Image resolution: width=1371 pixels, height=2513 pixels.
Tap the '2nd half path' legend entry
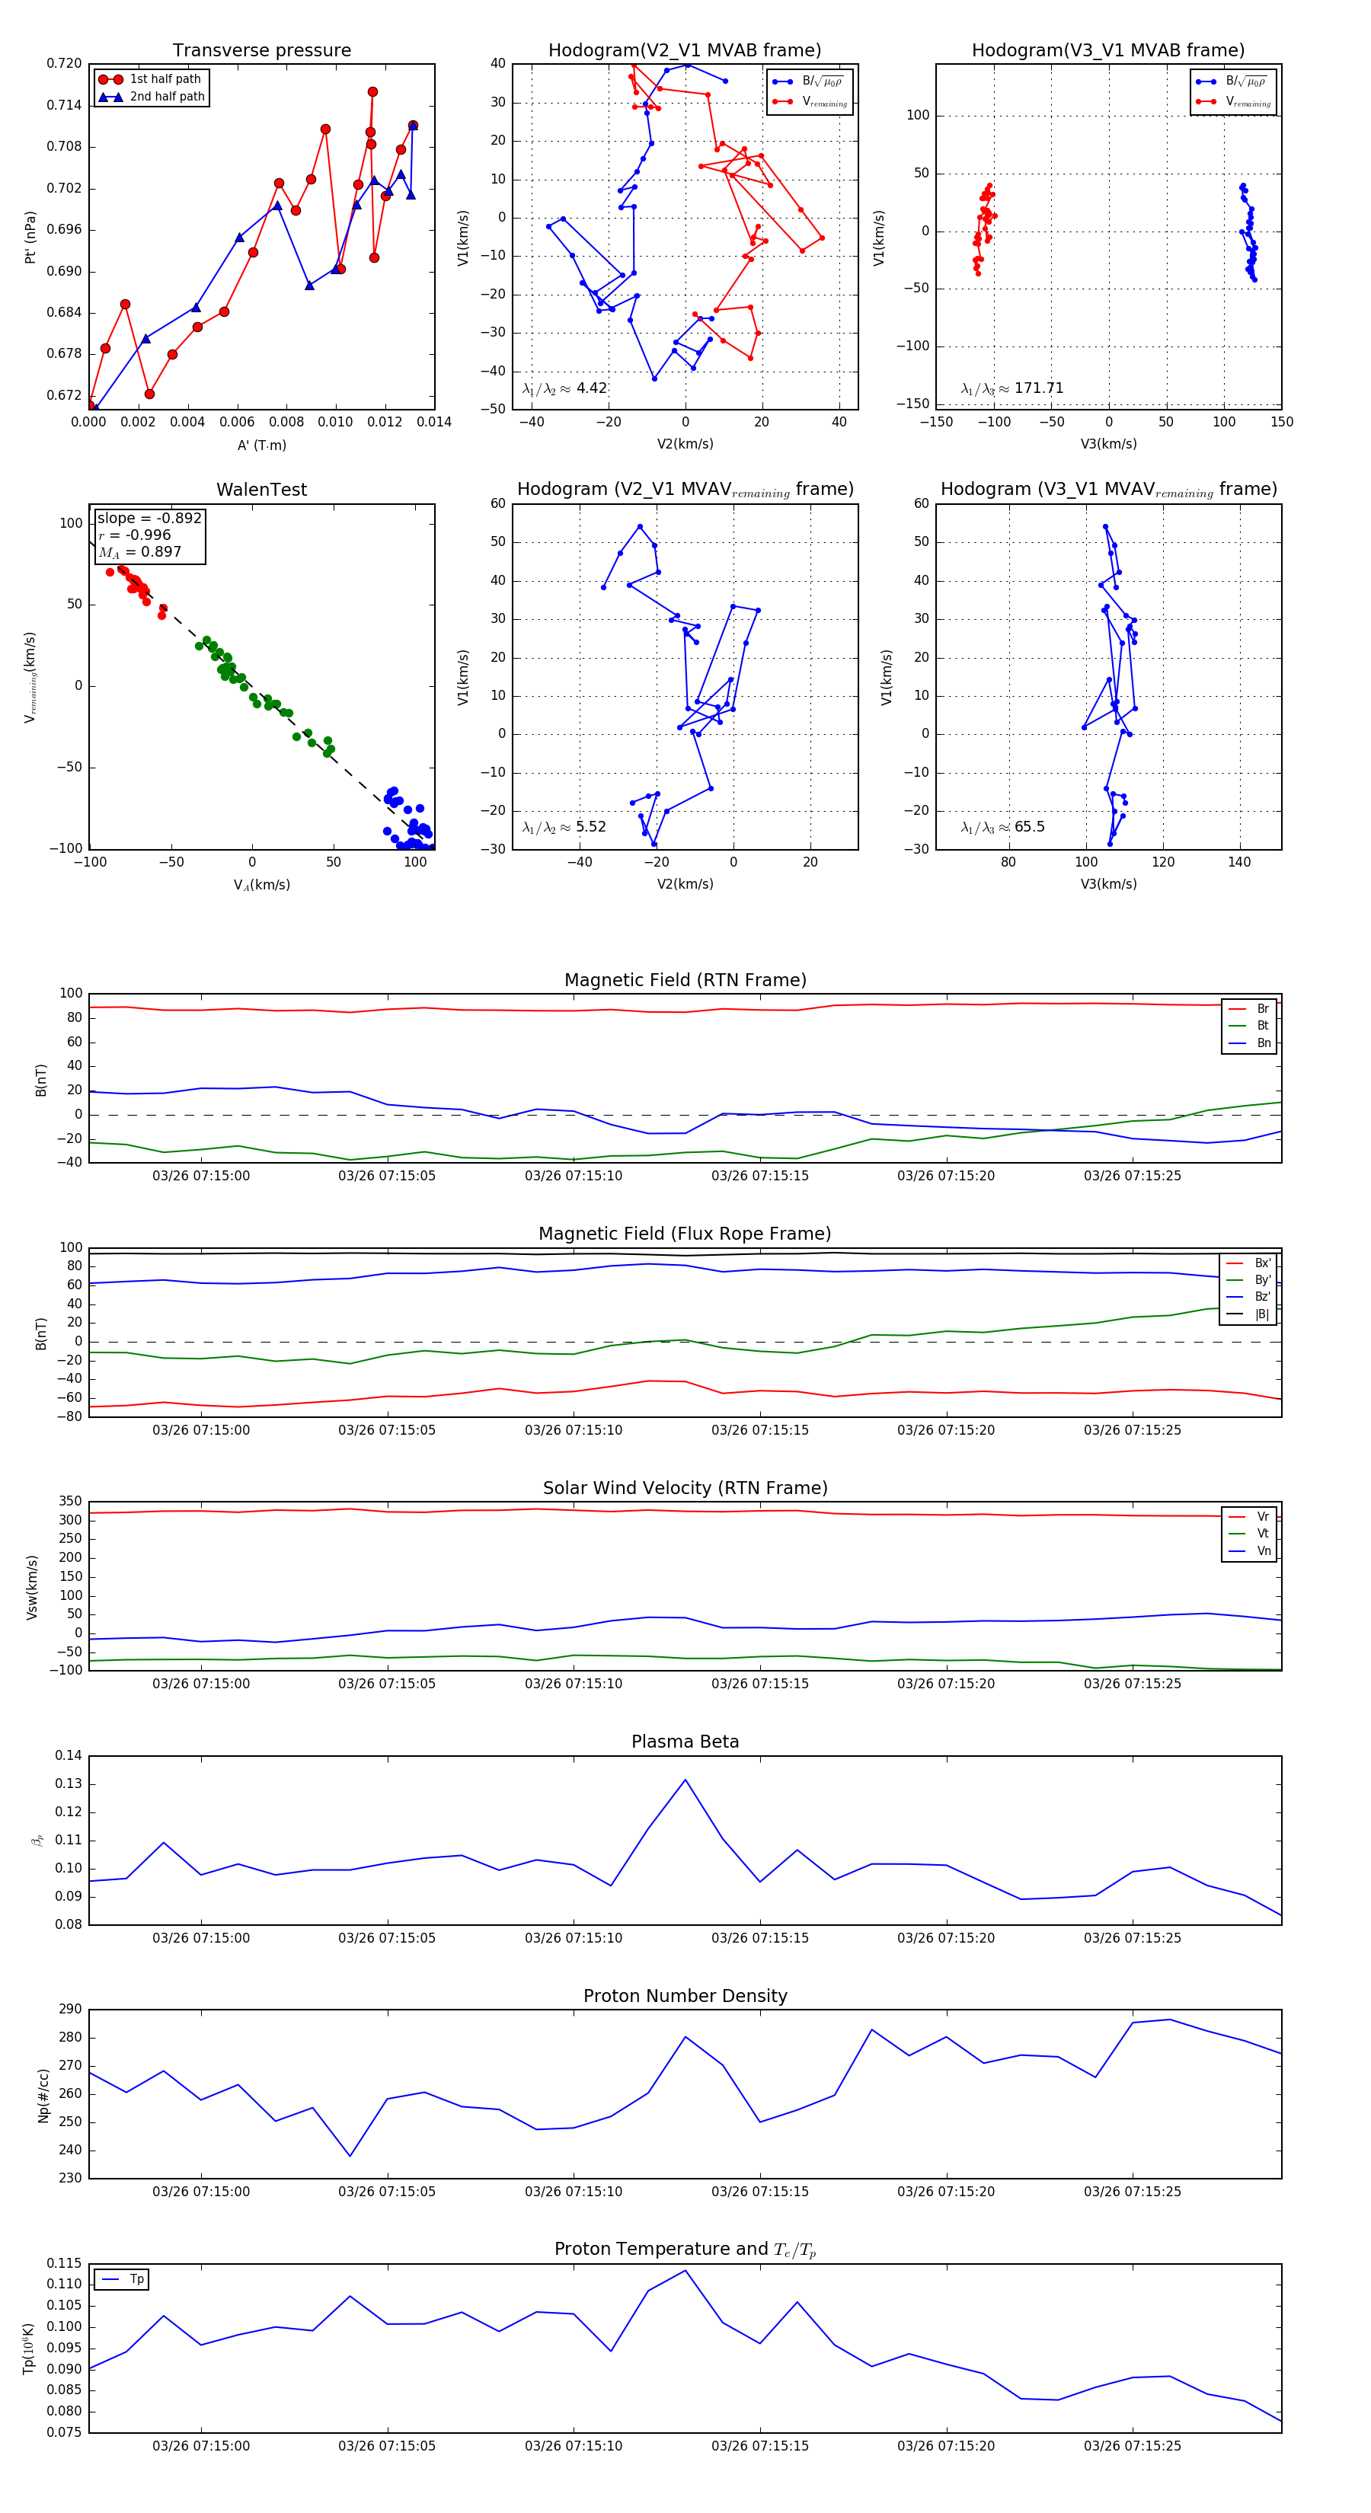[167, 97]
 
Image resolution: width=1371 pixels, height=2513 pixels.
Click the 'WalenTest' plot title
[261, 490]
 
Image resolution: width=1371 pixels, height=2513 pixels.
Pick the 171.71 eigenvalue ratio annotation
[1012, 388]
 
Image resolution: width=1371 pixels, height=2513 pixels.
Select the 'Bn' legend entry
[1264, 1043]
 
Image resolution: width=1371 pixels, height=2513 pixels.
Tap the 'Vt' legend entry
[1263, 1534]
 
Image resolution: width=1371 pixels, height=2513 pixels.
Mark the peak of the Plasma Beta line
[685, 1780]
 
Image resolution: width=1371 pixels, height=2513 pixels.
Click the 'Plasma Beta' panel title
[685, 1742]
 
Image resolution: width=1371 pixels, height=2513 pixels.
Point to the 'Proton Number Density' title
[685, 1996]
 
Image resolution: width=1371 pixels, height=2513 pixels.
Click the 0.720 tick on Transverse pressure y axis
[65, 63]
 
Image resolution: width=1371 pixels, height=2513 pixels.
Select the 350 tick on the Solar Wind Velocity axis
[70, 1502]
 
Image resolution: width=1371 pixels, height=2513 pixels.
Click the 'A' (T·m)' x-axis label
[261, 445]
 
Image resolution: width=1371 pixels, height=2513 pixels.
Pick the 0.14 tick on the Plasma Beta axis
[69, 1756]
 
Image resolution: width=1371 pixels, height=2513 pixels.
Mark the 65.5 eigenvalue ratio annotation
[1002, 827]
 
